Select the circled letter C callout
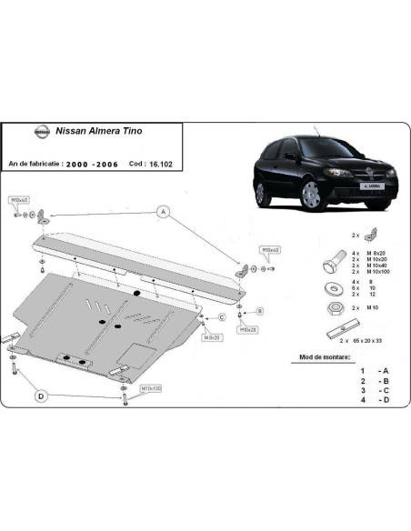click(x=221, y=316)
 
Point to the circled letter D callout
click(x=41, y=396)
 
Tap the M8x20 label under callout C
click(x=213, y=337)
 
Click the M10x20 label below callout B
click(x=247, y=331)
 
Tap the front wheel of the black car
click(x=312, y=195)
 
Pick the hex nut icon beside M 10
click(x=332, y=310)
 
